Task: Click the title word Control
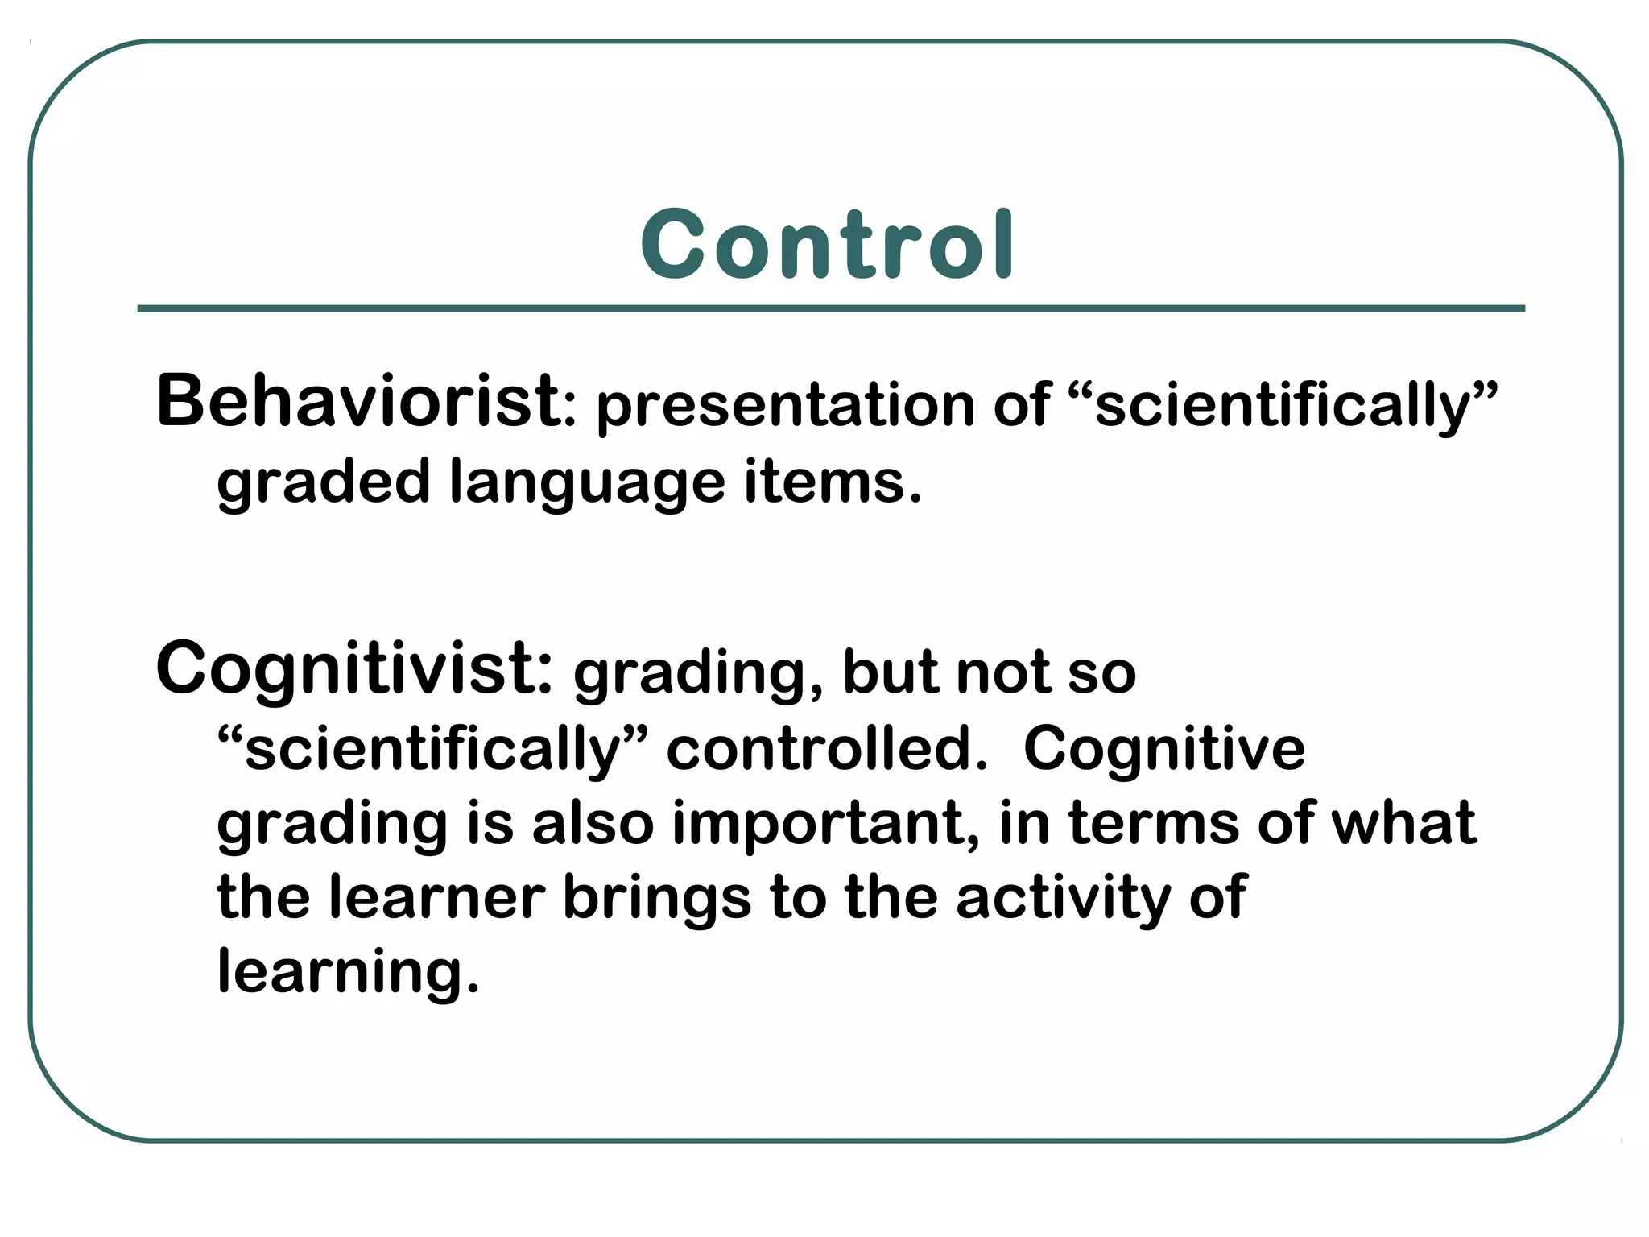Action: point(827,244)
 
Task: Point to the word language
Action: point(587,482)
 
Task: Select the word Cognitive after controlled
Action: point(1163,750)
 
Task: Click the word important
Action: point(825,824)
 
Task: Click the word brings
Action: point(656,899)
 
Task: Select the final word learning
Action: point(348,972)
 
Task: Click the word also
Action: point(593,824)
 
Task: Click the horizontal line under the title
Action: point(831,308)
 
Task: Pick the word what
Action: point(1404,824)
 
